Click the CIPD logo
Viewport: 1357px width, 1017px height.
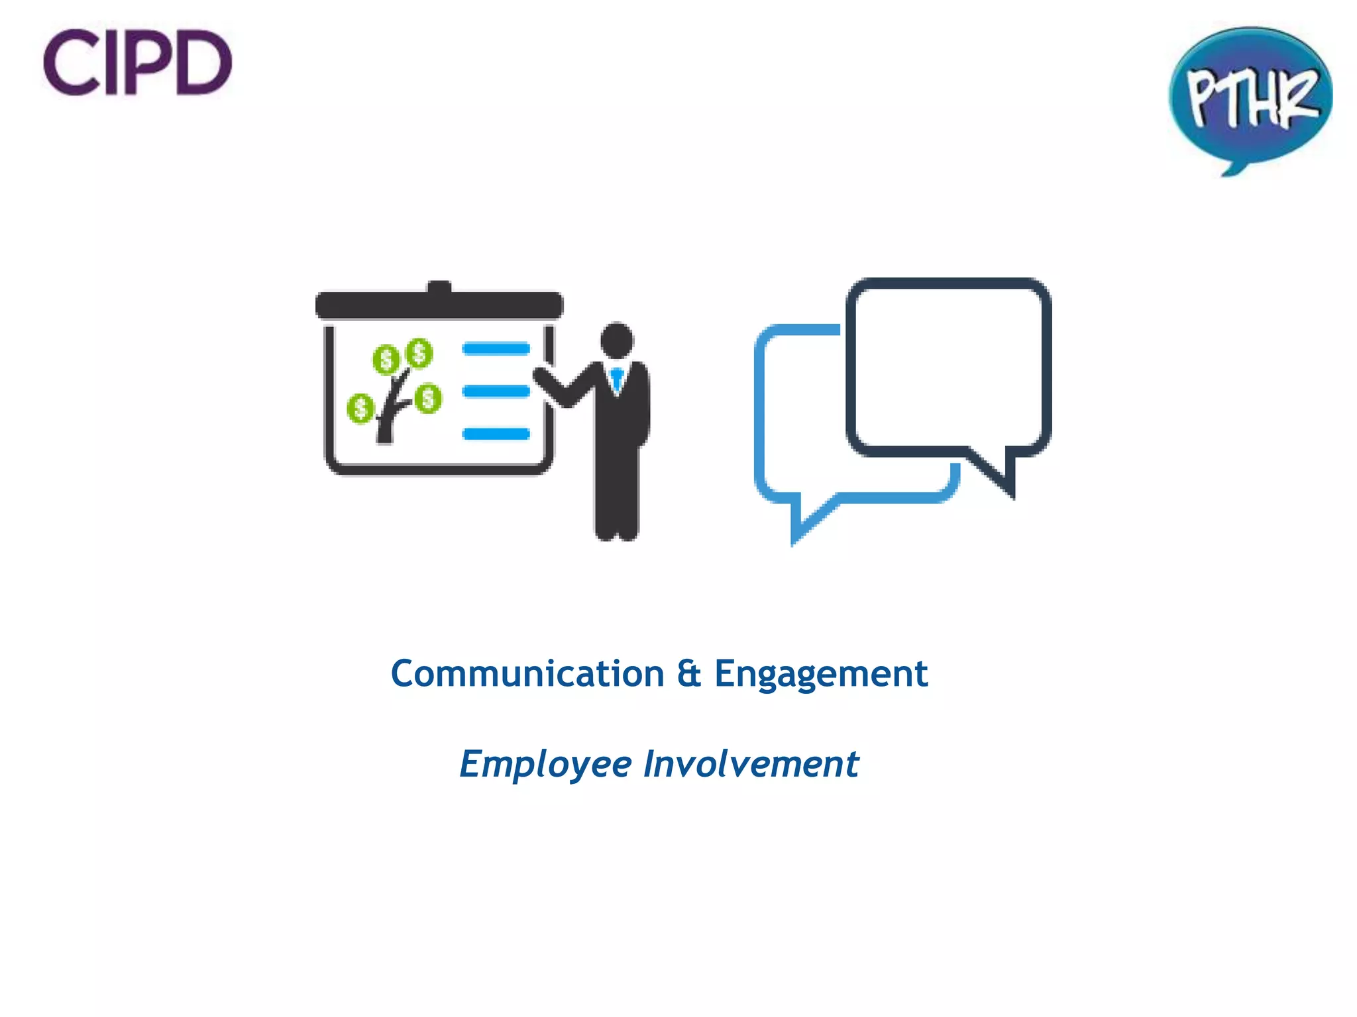[137, 62]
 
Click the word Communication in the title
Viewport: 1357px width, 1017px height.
[527, 675]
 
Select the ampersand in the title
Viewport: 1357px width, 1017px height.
[689, 674]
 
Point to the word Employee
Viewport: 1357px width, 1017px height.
[545, 765]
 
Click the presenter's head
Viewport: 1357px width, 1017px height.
[617, 340]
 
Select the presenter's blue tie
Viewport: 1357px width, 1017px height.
[617, 379]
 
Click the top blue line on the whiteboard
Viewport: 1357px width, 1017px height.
[496, 349]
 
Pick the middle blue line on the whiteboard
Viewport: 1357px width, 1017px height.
[496, 391]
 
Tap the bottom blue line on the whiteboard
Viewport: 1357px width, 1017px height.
[496, 434]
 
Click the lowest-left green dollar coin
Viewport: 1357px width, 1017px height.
[360, 408]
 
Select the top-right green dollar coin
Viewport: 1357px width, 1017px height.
[419, 353]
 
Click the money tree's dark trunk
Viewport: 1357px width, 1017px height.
[386, 424]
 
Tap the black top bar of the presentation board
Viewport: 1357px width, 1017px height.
[439, 305]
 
